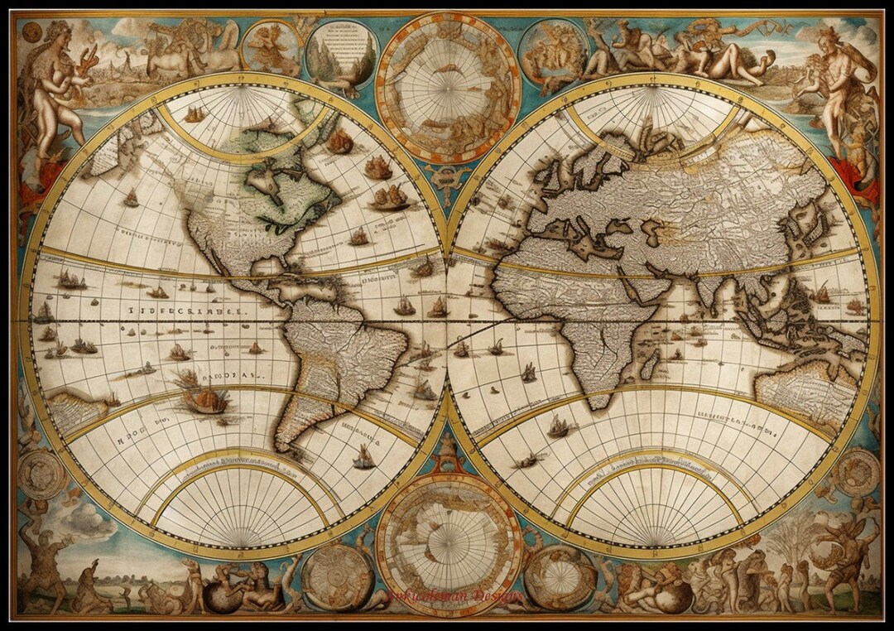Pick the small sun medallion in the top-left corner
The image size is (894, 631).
click(31, 32)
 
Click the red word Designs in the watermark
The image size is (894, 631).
click(497, 596)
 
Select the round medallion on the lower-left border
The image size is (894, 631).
click(41, 474)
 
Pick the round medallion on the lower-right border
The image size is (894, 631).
click(855, 473)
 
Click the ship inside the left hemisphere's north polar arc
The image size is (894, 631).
click(195, 115)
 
